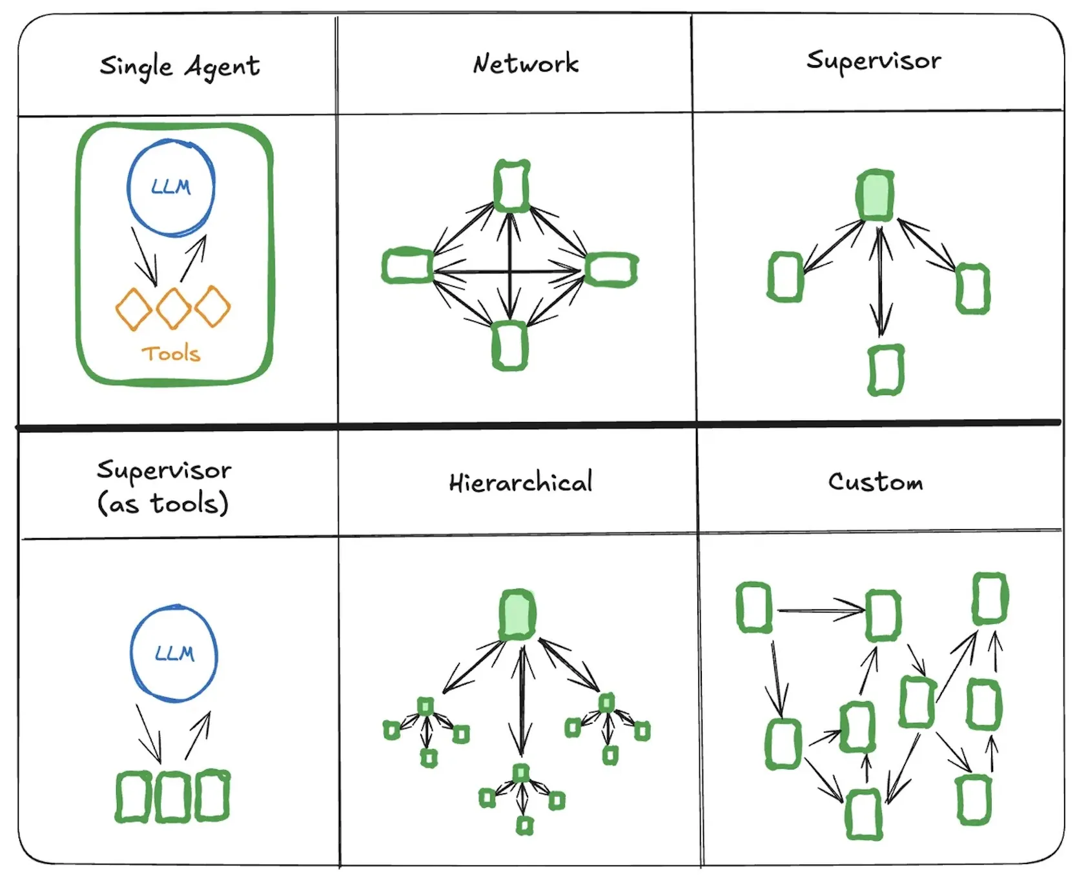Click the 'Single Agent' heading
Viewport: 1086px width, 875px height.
179,66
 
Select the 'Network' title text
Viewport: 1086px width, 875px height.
526,64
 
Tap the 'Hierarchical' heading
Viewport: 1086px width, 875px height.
520,483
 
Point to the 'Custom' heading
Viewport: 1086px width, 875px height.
876,482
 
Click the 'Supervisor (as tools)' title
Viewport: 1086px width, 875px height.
164,487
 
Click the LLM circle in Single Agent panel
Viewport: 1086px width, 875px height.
171,187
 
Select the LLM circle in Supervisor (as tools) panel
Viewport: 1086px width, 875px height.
174,654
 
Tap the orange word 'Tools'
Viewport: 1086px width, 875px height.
171,354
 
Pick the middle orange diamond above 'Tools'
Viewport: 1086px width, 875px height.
173,308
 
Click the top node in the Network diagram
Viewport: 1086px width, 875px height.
511,186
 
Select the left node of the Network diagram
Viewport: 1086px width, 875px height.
407,266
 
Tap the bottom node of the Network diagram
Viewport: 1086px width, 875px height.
510,346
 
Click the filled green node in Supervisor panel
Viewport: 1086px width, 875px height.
876,196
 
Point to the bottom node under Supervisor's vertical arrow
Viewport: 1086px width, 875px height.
886,370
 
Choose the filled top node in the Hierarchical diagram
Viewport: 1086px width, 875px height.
517,614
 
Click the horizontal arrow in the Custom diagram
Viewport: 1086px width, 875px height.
820,610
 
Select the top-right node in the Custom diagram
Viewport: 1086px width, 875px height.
990,598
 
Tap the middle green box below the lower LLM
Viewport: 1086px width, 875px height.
172,796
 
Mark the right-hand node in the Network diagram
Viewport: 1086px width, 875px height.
611,269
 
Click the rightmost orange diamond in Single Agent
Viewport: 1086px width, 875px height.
212,307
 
